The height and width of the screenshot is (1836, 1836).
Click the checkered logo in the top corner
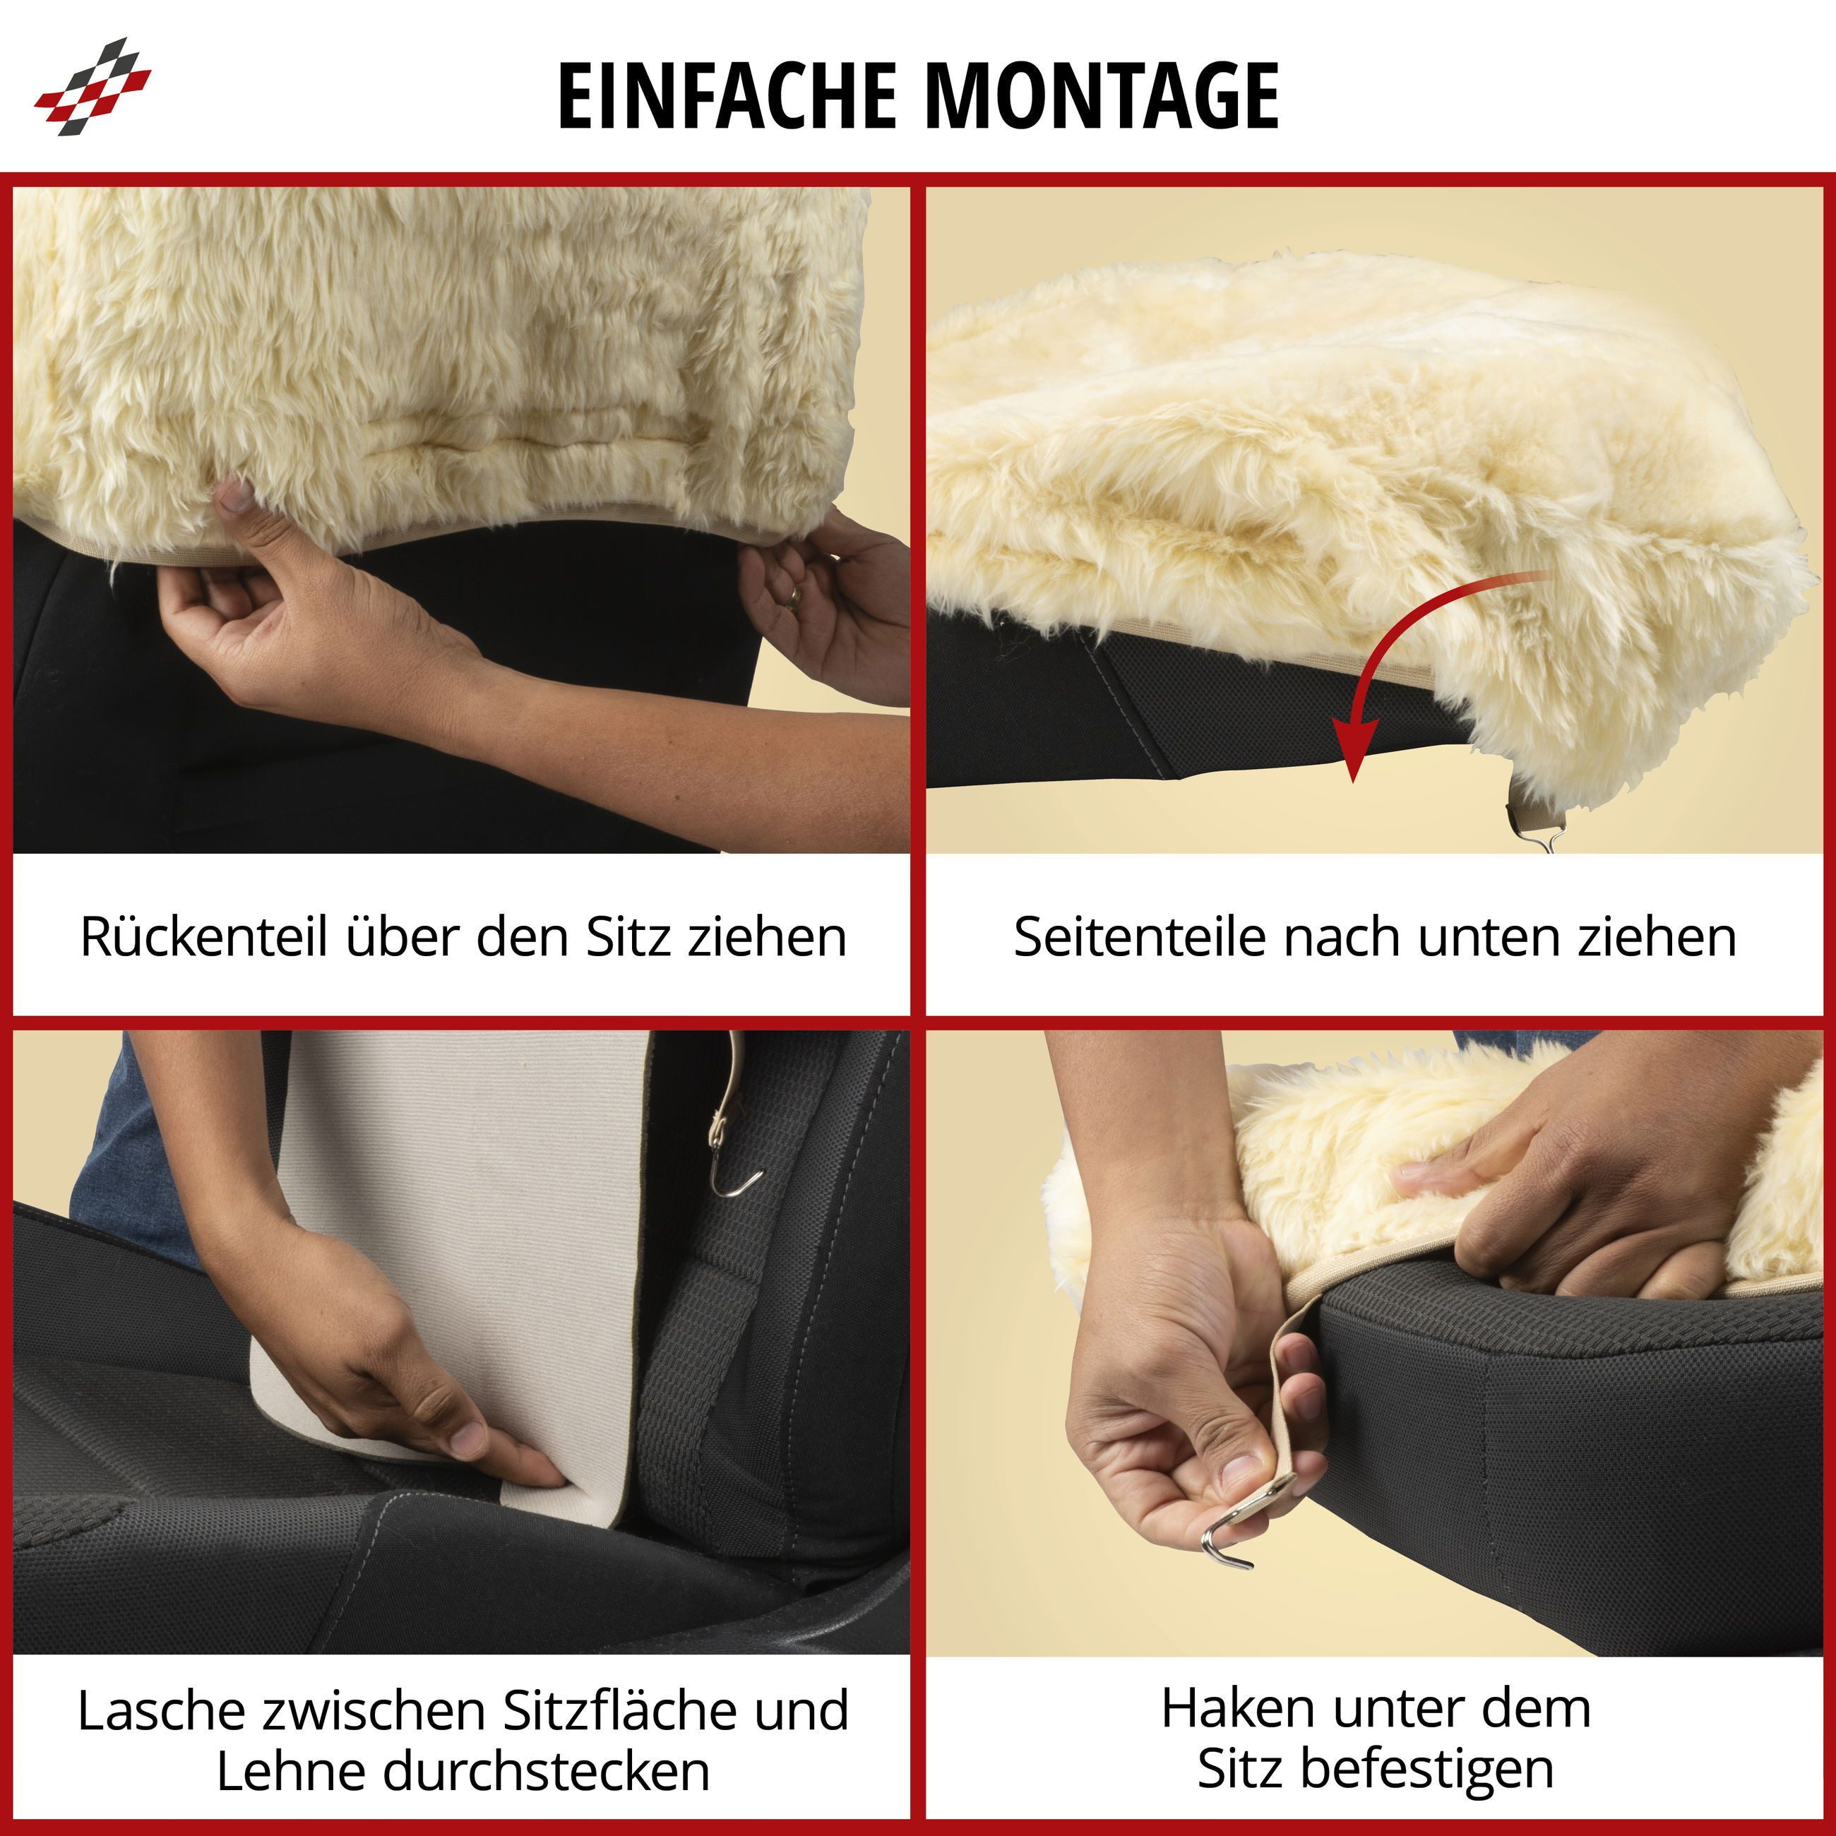coord(93,86)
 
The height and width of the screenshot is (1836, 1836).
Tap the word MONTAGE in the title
coord(1102,95)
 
